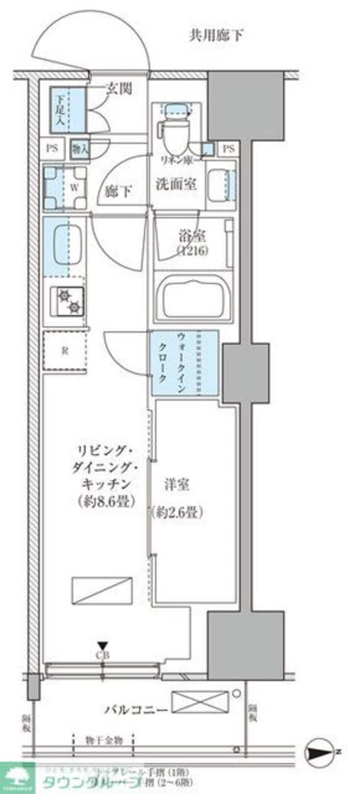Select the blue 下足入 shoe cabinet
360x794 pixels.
point(63,109)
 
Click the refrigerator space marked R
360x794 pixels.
point(65,351)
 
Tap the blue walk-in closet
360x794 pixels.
point(184,363)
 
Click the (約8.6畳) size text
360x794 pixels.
point(106,500)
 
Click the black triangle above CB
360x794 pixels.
point(103,645)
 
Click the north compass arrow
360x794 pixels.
point(320,750)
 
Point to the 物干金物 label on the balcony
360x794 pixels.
point(103,741)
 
